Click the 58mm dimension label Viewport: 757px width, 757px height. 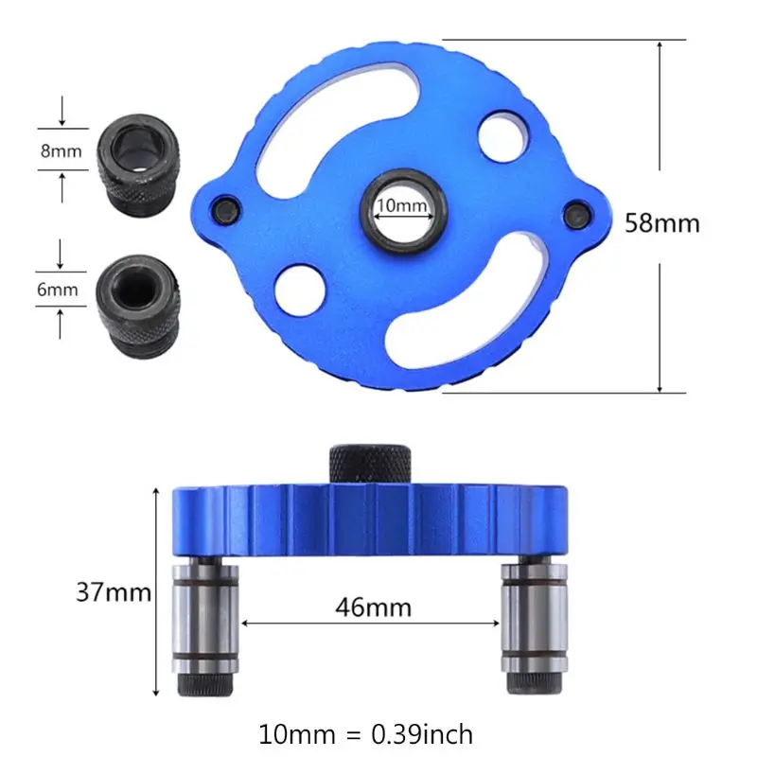661,223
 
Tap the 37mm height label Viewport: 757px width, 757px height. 114,593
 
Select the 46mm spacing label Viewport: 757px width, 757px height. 373,607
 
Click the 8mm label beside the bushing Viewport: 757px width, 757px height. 60,150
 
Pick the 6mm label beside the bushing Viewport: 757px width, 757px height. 58,290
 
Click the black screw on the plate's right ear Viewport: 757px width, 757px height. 573,215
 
